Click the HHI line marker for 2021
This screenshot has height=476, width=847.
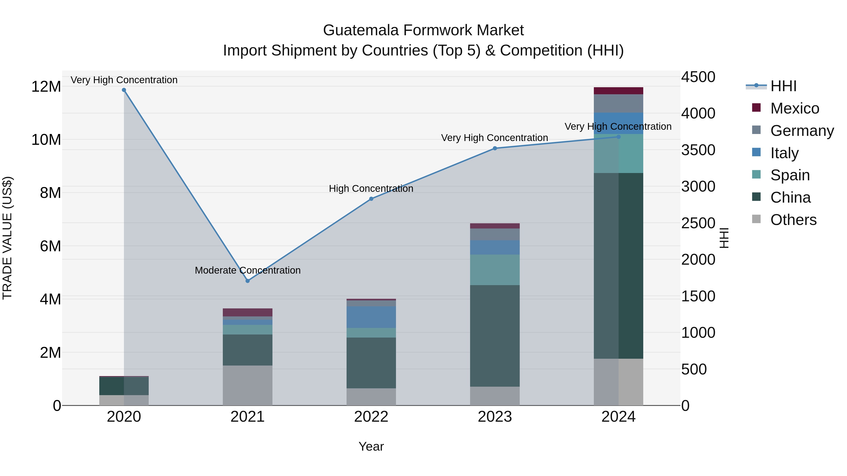(x=248, y=281)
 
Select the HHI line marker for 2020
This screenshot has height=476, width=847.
(x=124, y=90)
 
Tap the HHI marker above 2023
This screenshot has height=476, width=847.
(x=495, y=148)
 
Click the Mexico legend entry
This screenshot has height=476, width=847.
(x=794, y=108)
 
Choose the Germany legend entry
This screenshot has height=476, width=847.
(x=802, y=130)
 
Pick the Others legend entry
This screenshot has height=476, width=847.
(x=793, y=220)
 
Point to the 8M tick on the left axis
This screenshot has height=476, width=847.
(x=50, y=193)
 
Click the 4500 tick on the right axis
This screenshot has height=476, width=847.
(x=698, y=77)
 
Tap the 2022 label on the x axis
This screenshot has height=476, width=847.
(x=371, y=417)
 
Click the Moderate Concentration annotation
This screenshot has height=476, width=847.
(x=248, y=270)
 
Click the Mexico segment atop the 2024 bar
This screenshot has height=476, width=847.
(x=618, y=91)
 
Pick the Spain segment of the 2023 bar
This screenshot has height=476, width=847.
(x=495, y=269)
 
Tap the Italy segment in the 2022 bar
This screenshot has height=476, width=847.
(x=371, y=317)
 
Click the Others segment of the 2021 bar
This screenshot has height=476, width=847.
(x=248, y=385)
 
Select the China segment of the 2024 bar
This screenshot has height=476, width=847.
(x=618, y=265)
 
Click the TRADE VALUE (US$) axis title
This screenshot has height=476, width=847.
(x=7, y=238)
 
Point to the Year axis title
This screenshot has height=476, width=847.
(x=371, y=446)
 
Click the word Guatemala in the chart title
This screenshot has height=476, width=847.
(x=361, y=30)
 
